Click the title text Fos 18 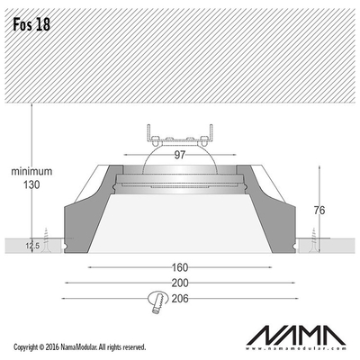(31, 24)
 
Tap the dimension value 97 (180, 155)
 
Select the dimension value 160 (180, 267)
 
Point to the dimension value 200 (180, 283)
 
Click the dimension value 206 (180, 299)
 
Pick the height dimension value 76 (319, 211)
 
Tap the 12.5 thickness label (32, 247)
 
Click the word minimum (31, 171)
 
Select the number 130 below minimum (31, 184)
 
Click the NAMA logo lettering (296, 335)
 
